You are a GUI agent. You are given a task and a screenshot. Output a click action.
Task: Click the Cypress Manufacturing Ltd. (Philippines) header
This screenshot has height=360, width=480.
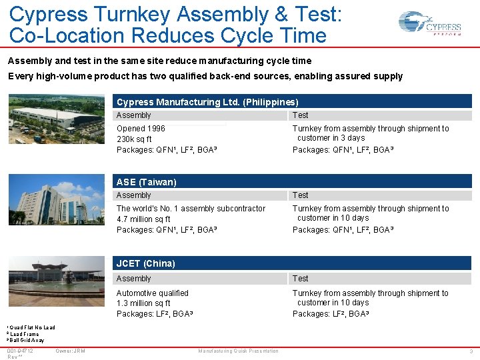(207, 102)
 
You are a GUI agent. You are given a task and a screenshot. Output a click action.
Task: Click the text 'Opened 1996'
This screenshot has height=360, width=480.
(141, 129)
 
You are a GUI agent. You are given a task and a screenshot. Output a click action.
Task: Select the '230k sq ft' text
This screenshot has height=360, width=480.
(134, 139)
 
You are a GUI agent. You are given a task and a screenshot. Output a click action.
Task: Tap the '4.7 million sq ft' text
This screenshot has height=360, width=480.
(143, 219)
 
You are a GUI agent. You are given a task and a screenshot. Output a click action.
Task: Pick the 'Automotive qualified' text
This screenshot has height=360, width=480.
(153, 293)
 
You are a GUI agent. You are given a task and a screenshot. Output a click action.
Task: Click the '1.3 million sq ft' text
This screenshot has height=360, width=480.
(143, 303)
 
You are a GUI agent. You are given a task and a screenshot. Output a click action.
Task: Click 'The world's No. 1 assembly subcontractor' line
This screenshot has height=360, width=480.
(191, 209)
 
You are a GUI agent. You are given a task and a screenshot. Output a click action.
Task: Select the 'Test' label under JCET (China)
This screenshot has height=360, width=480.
(301, 279)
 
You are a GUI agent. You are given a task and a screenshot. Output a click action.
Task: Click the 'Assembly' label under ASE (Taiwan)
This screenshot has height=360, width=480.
(134, 195)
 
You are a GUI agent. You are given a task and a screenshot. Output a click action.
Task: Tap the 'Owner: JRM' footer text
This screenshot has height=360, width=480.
(70, 351)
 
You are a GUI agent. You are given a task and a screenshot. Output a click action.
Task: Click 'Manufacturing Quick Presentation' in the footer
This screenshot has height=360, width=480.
(238, 351)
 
